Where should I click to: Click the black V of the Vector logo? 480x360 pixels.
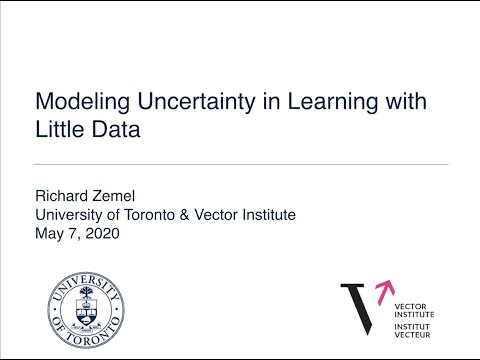coord(357,305)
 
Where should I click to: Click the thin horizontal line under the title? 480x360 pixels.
coord(240,164)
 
